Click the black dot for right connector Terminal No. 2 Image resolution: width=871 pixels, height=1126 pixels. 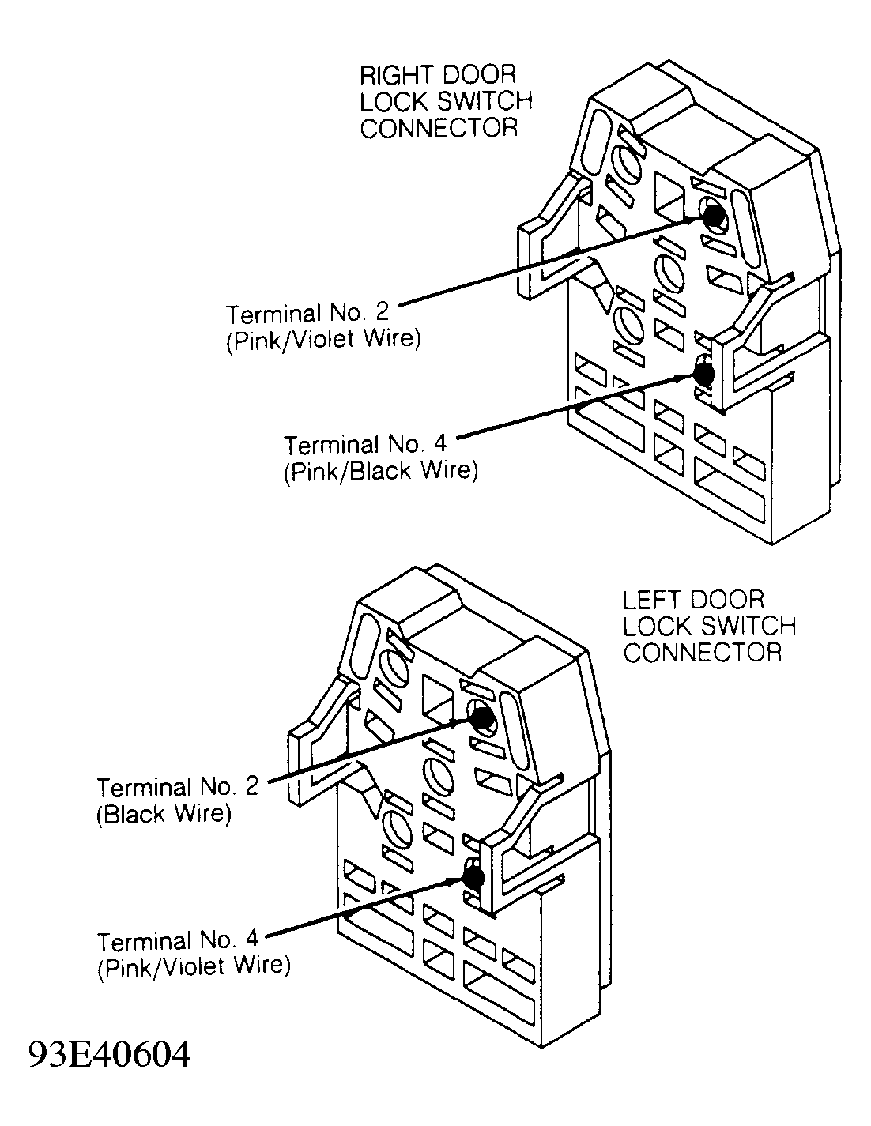(712, 213)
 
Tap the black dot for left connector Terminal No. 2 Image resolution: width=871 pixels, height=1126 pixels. (481, 717)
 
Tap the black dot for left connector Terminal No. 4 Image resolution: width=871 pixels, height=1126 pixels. (473, 876)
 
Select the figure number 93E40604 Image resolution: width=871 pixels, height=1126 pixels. (109, 1054)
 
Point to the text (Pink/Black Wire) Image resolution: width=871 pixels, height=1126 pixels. (380, 472)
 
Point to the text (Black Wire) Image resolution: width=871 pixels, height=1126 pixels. (164, 815)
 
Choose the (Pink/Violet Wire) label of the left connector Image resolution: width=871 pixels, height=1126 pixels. (194, 966)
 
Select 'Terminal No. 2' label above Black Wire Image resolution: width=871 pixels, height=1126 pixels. (178, 787)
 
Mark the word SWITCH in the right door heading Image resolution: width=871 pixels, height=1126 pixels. (482, 101)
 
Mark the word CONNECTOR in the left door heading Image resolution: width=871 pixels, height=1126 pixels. (702, 653)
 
